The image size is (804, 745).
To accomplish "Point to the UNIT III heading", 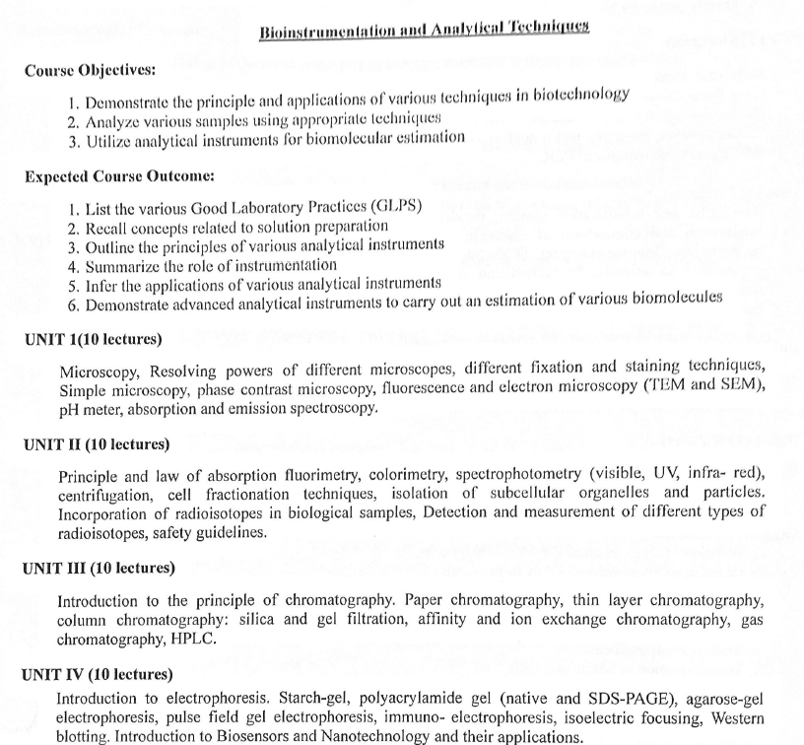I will (99, 569).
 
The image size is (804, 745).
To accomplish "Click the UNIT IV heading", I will (98, 675).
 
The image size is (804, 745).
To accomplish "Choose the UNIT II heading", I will (97, 444).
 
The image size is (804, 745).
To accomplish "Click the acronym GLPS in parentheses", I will (395, 206).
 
